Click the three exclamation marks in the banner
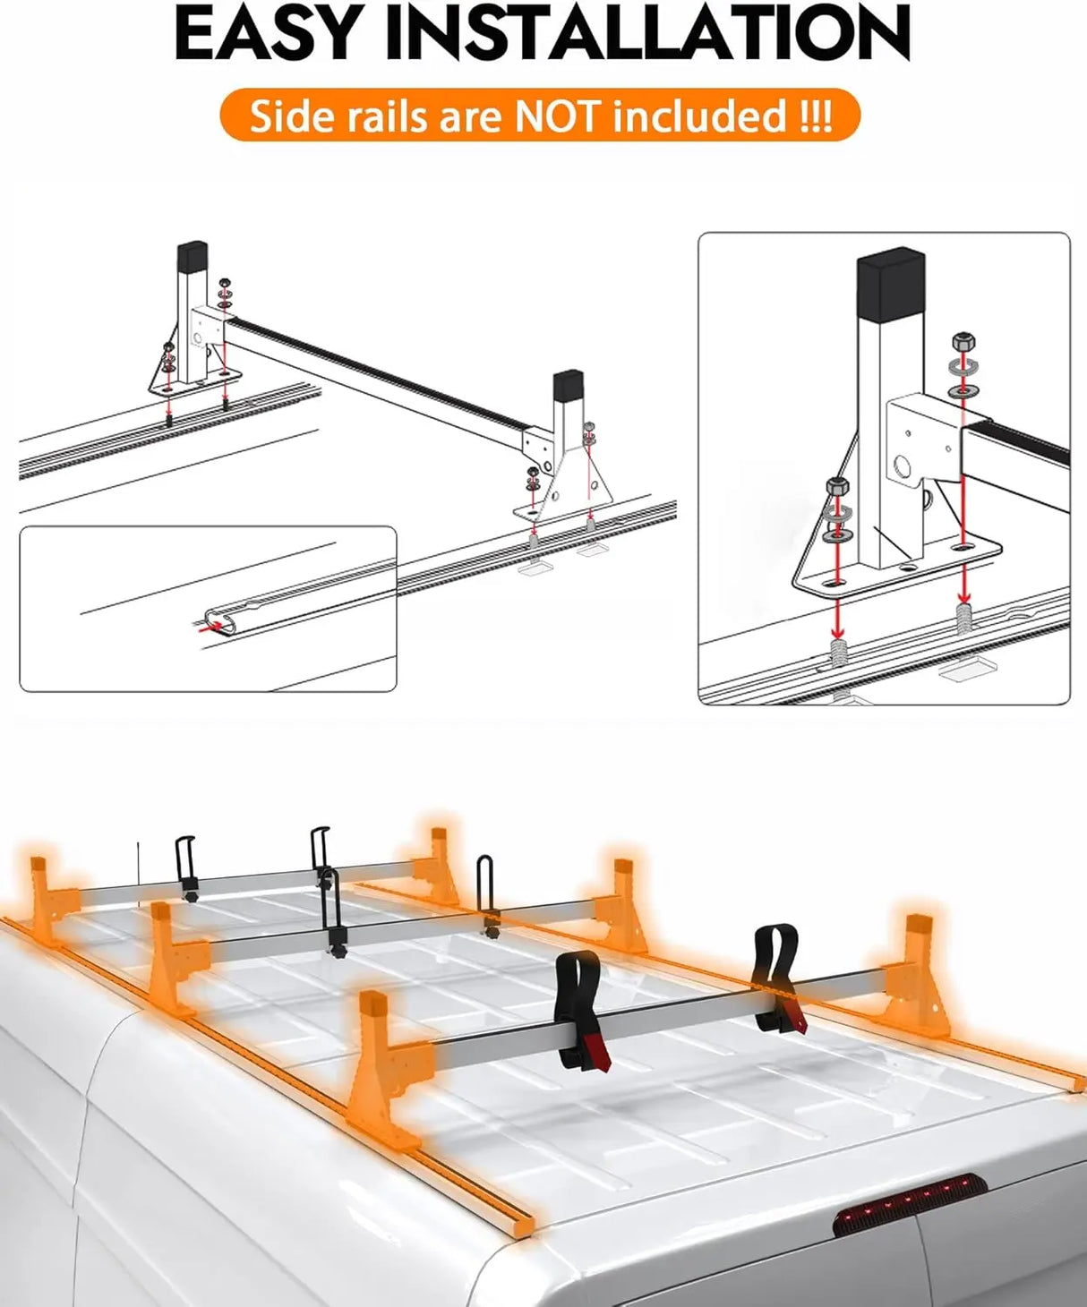(816, 116)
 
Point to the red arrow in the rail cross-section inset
(212, 628)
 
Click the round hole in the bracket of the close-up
(903, 466)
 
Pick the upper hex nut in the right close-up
(964, 341)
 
